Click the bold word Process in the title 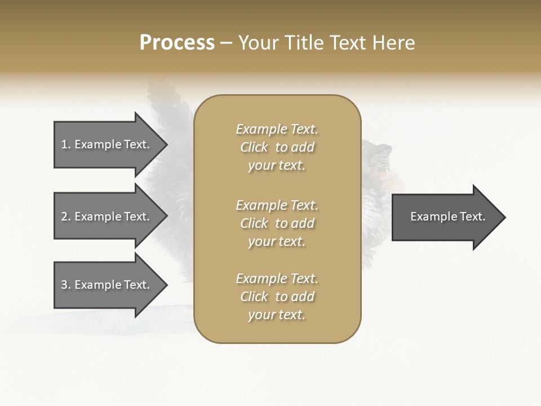177,43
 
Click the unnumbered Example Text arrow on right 448,217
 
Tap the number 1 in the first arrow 65,144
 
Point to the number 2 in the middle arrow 65,217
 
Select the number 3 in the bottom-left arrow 65,285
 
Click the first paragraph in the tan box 277,147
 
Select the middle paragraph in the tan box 277,223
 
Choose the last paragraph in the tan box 277,297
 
